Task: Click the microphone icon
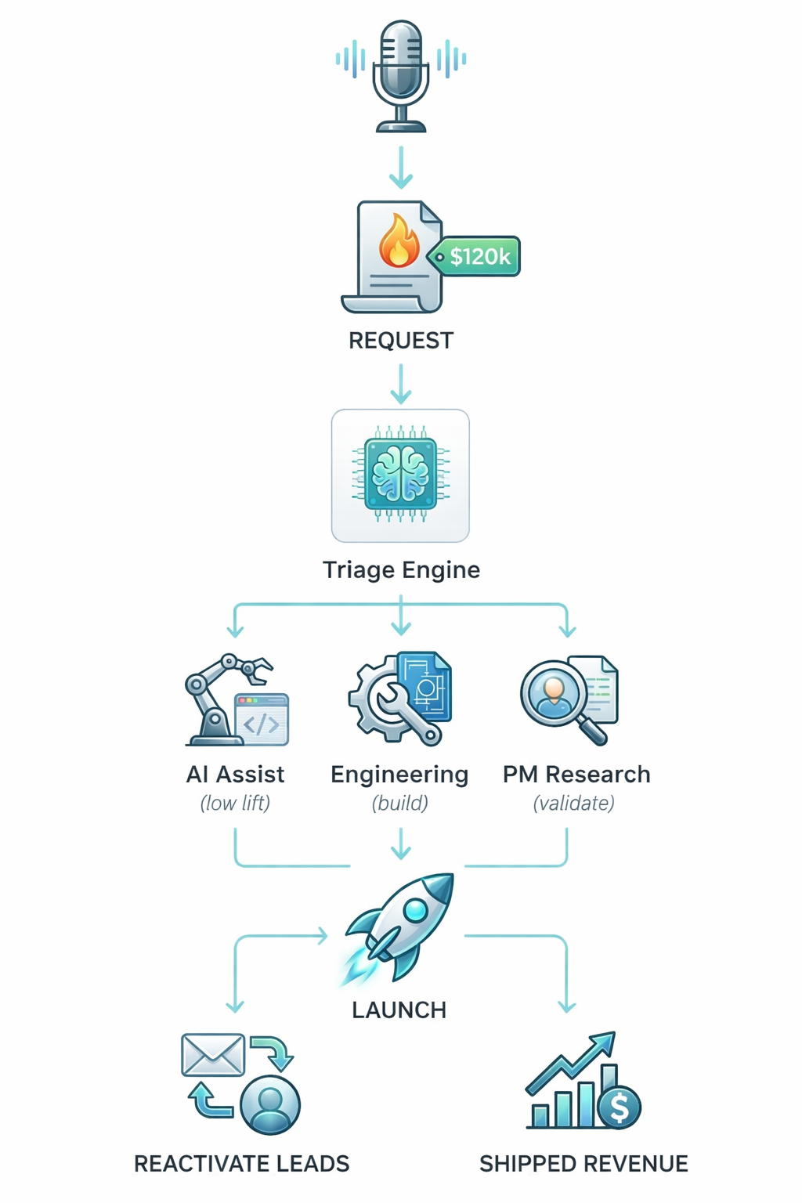(401, 74)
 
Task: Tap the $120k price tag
(478, 256)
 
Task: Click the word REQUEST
(401, 341)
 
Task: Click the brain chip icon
(401, 475)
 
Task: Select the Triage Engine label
(401, 569)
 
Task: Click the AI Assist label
(235, 775)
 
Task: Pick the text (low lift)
(235, 804)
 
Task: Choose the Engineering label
(399, 775)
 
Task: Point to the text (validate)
(573, 804)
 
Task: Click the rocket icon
(403, 924)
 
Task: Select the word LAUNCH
(399, 1010)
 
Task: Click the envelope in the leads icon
(213, 1055)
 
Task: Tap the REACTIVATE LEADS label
(241, 1164)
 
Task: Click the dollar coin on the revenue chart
(620, 1107)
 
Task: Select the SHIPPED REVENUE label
(583, 1164)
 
